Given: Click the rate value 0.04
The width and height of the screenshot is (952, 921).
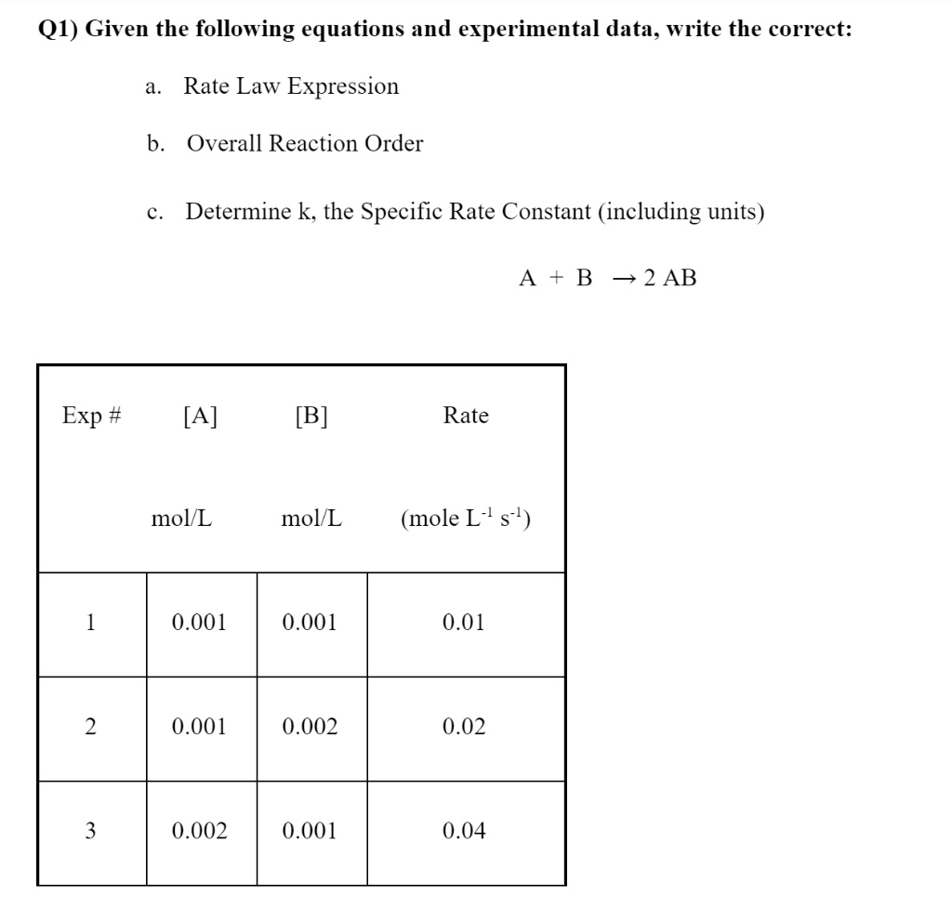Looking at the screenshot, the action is pyautogui.click(x=465, y=831).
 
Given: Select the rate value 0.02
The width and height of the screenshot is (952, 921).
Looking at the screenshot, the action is pyautogui.click(x=465, y=727).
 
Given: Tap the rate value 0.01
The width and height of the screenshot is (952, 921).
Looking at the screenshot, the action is pyautogui.click(x=465, y=622).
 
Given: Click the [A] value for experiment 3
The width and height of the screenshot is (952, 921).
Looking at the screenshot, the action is pyautogui.click(x=200, y=831).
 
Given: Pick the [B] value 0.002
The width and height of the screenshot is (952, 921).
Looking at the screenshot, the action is pyautogui.click(x=310, y=727).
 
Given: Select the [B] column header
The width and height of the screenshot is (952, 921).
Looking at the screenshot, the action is pyautogui.click(x=311, y=415).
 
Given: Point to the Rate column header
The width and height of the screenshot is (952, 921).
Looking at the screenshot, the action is pyautogui.click(x=466, y=415).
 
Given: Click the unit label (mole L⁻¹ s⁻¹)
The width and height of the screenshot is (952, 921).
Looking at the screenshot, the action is pyautogui.click(x=466, y=518).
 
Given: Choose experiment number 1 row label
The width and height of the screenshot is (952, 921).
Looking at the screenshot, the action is pyautogui.click(x=91, y=622).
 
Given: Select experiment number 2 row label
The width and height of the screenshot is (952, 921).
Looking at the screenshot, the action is pyautogui.click(x=91, y=727).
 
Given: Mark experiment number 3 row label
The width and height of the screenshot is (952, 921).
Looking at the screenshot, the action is pyautogui.click(x=91, y=831).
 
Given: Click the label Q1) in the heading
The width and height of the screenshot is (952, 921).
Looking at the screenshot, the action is pyautogui.click(x=56, y=29).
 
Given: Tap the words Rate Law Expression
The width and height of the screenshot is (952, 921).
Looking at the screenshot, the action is pyautogui.click(x=291, y=86).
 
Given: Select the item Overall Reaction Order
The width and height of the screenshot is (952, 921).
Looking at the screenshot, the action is pyautogui.click(x=304, y=144).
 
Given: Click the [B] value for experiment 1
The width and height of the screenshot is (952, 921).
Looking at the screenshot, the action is pyautogui.click(x=310, y=622).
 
